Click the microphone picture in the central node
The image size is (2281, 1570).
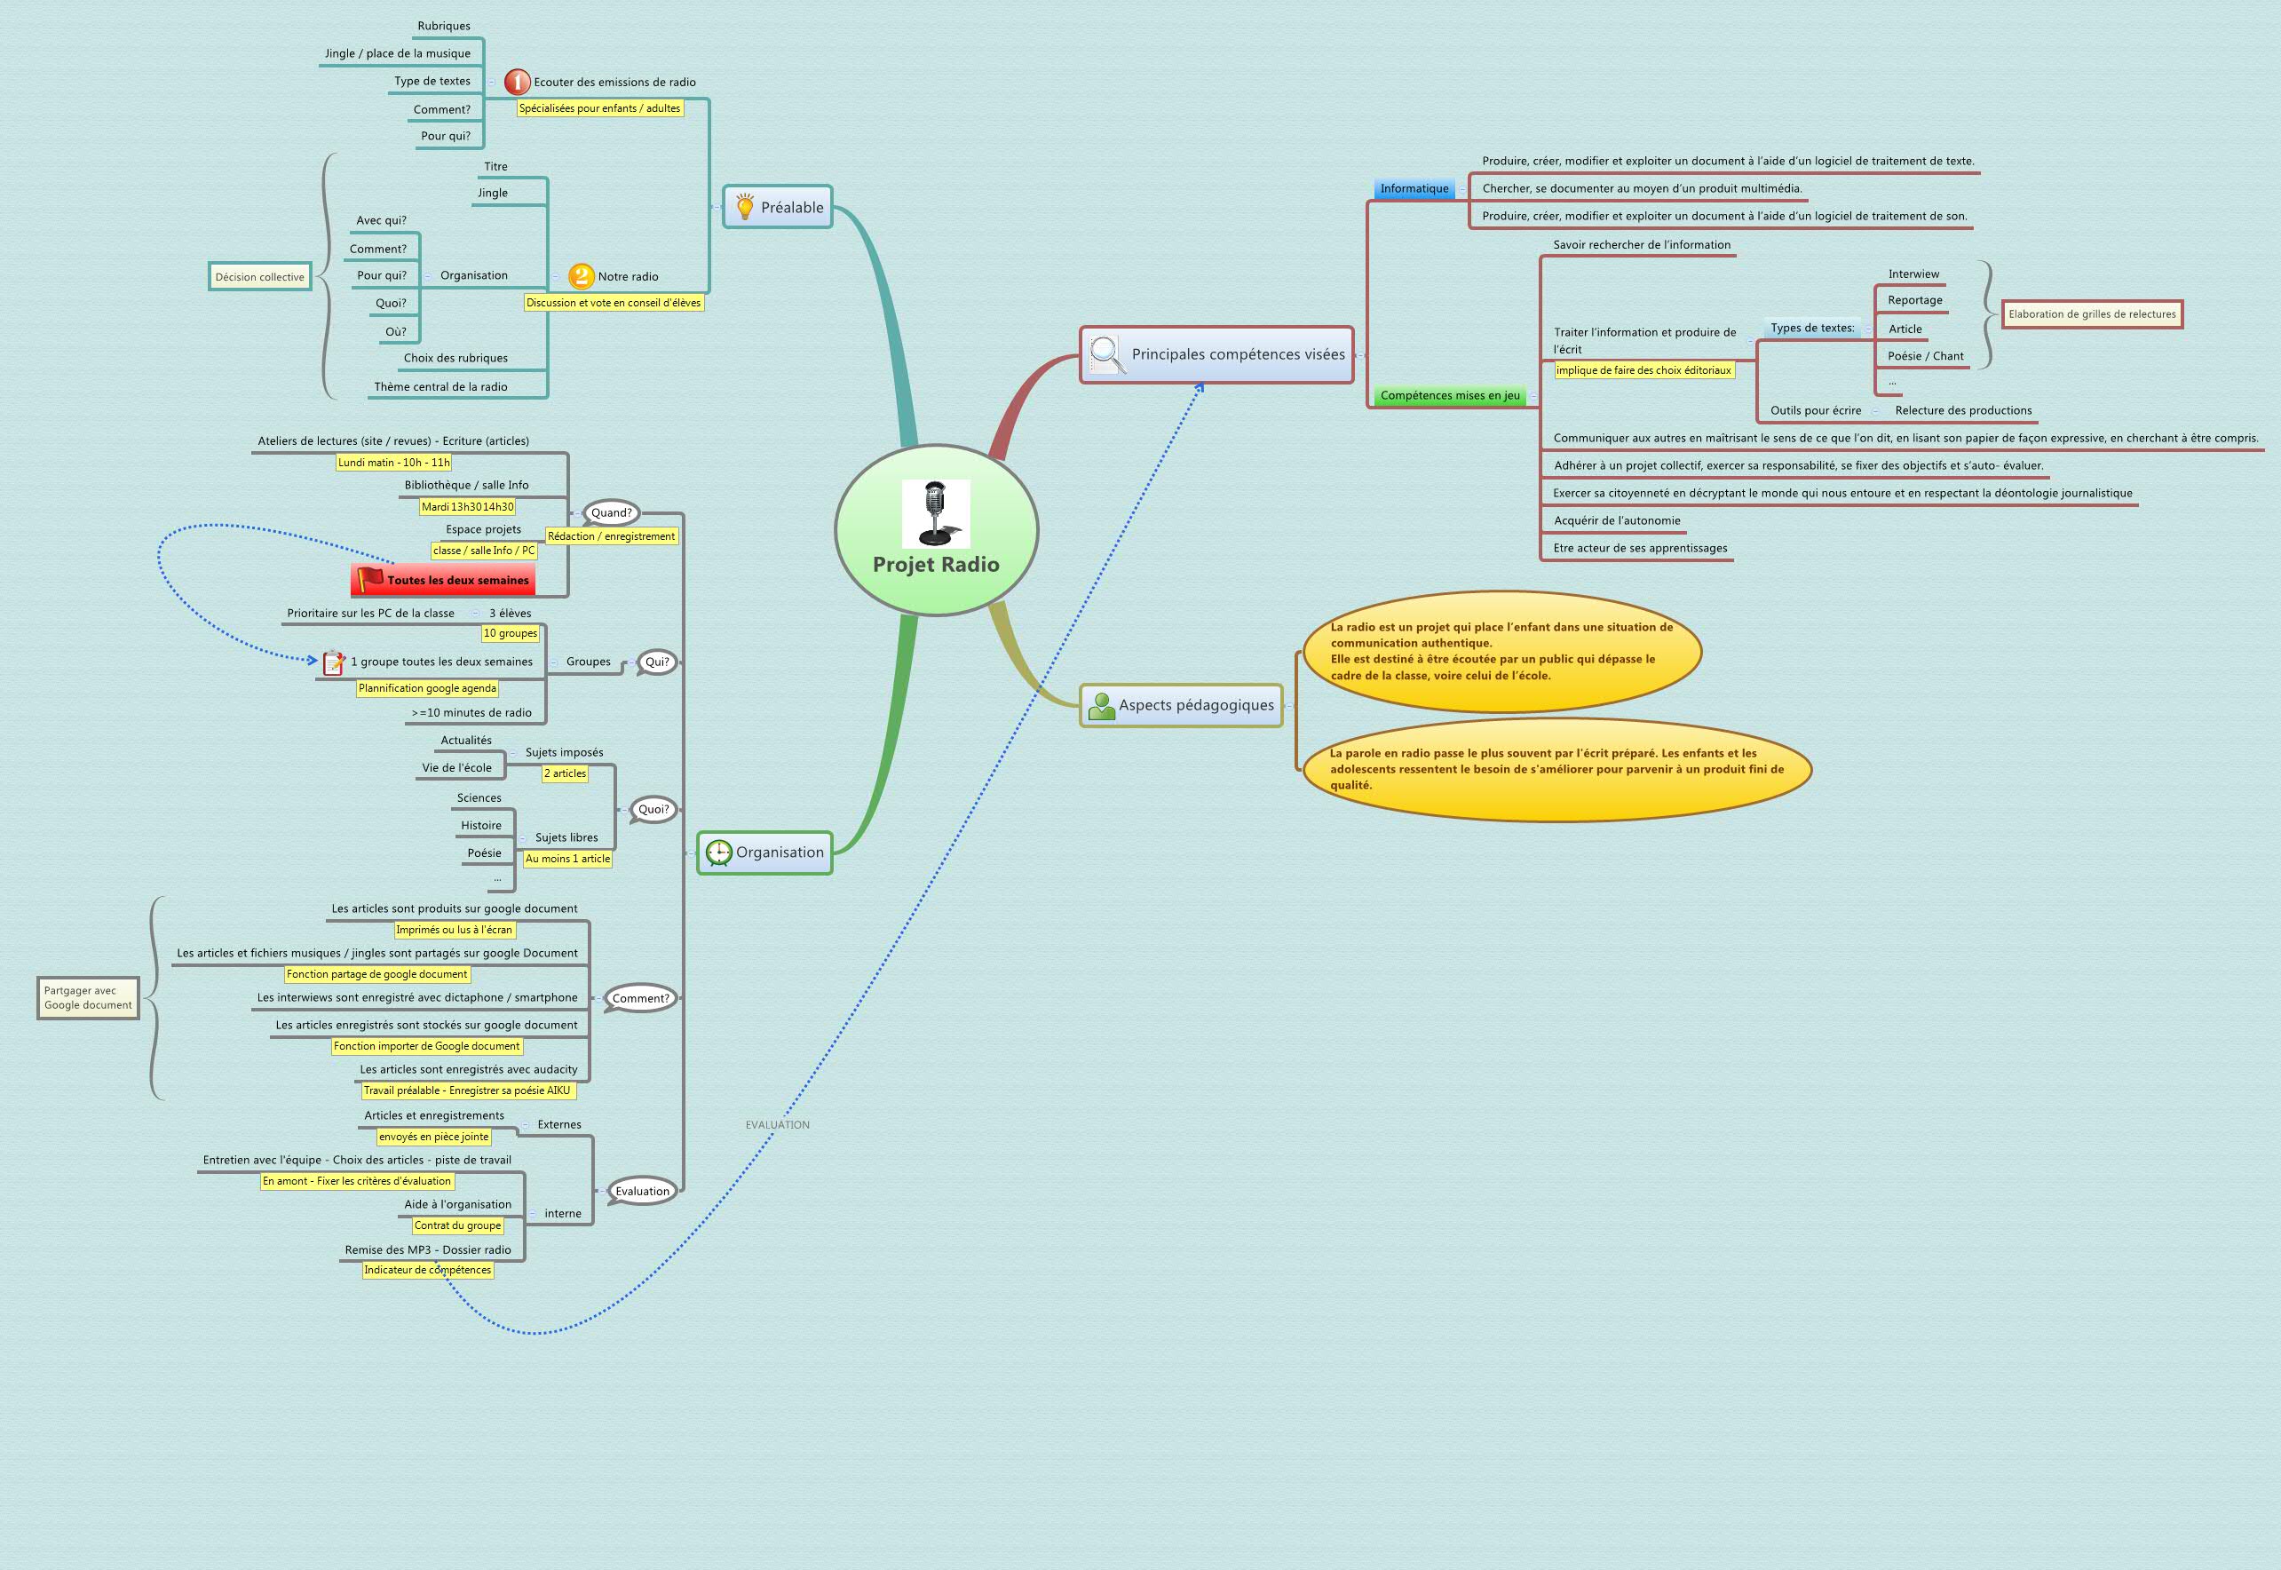pyautogui.click(x=936, y=513)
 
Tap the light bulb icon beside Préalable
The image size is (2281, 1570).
pyautogui.click(x=745, y=207)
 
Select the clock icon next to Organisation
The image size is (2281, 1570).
pyautogui.click(x=718, y=852)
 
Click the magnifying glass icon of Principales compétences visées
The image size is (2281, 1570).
pyautogui.click(x=1105, y=354)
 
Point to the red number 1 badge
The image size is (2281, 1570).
pyautogui.click(x=518, y=82)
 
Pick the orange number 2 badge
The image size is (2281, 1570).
pyautogui.click(x=582, y=276)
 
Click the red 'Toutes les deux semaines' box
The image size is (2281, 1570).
pyautogui.click(x=443, y=579)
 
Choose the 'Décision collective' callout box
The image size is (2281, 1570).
pyautogui.click(x=259, y=276)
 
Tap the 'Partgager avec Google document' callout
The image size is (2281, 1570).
pyautogui.click(x=88, y=997)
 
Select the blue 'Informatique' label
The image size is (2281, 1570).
pyautogui.click(x=1414, y=188)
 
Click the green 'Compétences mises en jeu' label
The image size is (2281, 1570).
pyautogui.click(x=1449, y=395)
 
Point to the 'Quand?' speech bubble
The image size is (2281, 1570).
pyautogui.click(x=611, y=512)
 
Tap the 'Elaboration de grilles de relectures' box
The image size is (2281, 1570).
pyautogui.click(x=2091, y=314)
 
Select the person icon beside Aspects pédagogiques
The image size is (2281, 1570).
pyautogui.click(x=1102, y=705)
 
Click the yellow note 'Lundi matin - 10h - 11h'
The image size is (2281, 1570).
pyautogui.click(x=393, y=463)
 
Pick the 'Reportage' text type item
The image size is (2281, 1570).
pyautogui.click(x=1914, y=300)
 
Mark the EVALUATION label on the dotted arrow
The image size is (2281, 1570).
pyautogui.click(x=777, y=1124)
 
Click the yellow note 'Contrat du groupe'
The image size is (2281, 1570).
pyautogui.click(x=457, y=1225)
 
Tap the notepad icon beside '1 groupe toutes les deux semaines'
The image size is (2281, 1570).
pyautogui.click(x=334, y=662)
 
